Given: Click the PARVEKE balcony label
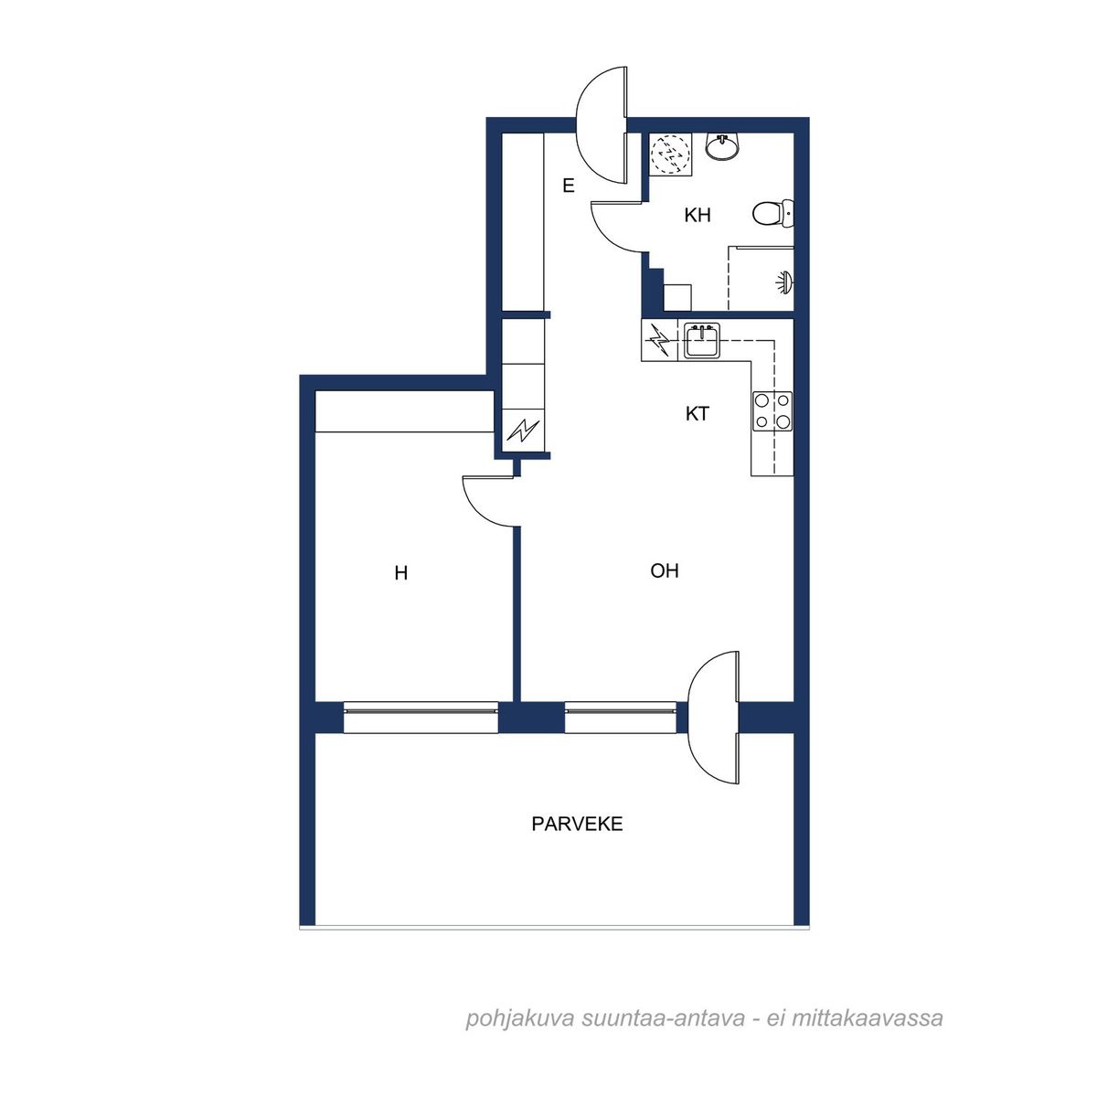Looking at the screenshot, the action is [577, 824].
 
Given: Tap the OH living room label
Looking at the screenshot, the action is [665, 571].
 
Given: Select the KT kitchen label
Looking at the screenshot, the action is [697, 414].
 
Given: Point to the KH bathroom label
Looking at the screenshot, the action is [698, 215].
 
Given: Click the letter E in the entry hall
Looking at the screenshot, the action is [568, 186].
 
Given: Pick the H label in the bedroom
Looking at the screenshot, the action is [400, 572].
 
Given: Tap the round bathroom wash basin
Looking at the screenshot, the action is [722, 145].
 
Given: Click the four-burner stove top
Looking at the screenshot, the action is [772, 410].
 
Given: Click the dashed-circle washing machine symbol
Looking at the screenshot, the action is [670, 154].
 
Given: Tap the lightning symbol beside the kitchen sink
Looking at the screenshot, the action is [659, 340].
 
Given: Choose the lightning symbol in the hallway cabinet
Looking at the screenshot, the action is [523, 431].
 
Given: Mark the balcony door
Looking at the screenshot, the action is [714, 718].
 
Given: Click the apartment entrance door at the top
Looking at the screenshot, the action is [602, 125].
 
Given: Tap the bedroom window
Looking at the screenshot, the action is [421, 718].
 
